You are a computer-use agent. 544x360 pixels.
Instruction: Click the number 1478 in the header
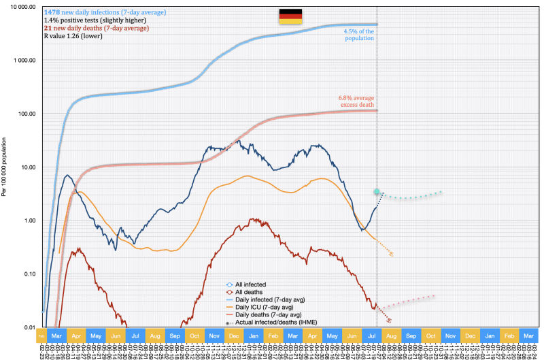click(x=52, y=13)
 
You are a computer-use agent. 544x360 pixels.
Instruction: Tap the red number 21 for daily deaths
click(x=48, y=28)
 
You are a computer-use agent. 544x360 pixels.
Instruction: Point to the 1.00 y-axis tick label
click(x=27, y=220)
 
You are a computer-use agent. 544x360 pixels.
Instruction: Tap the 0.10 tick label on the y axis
click(x=27, y=274)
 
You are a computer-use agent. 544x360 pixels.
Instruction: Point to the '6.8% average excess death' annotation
click(x=358, y=101)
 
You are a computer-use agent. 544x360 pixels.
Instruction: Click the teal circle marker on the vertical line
click(x=377, y=192)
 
